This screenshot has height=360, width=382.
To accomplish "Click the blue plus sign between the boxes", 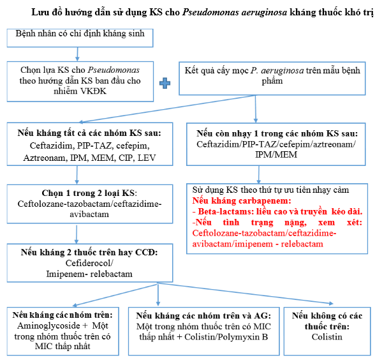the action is (165, 84).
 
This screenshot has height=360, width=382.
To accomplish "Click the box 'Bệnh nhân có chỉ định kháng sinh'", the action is (80, 38).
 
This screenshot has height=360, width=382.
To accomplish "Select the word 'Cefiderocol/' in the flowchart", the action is (89, 263).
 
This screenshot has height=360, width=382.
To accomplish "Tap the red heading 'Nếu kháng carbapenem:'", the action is (242, 200).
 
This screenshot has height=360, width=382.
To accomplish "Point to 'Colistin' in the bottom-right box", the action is (327, 337).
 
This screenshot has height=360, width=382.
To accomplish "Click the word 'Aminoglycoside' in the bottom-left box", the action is (48, 326).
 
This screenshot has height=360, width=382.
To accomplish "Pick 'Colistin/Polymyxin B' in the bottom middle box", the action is (226, 337).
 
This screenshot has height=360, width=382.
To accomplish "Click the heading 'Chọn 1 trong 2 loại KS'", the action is (88, 193).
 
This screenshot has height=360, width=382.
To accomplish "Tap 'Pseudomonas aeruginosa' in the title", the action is (235, 12).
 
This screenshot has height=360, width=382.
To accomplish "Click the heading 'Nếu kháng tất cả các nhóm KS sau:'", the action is (89, 133).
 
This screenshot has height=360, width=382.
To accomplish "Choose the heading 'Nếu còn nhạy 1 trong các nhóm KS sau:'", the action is (277, 133).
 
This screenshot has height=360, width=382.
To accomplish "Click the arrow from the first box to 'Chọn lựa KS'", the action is (77, 54).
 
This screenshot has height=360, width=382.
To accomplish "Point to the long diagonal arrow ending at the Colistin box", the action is (245, 293).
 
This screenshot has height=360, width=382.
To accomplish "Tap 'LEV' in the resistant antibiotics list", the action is (147, 158).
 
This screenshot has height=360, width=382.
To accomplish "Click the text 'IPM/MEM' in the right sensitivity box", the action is (276, 154).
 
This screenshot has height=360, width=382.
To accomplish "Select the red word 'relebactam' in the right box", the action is (302, 244).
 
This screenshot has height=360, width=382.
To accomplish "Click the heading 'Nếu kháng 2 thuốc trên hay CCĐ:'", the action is (89, 252).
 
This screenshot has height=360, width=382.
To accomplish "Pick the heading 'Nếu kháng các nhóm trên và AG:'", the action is (203, 315).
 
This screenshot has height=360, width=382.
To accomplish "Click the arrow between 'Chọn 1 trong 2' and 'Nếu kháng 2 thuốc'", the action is (77, 234).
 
